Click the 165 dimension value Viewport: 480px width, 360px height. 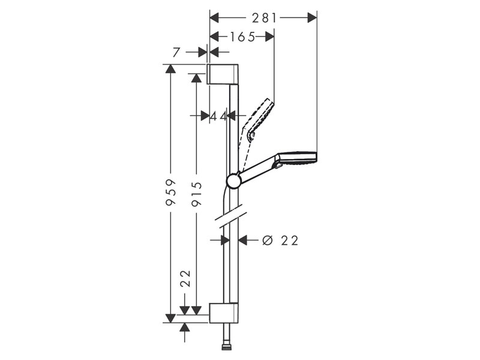coord(235,37)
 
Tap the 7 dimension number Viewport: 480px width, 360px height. coord(176,53)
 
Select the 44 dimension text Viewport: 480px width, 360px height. coord(218,116)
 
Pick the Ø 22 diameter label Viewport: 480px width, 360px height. coord(280,241)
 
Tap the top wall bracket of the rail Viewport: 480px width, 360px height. coord(224,73)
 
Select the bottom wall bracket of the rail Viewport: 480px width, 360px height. coord(224,313)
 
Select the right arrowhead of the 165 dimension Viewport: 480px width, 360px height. coord(269,37)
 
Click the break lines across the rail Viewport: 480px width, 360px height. coord(229,217)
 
